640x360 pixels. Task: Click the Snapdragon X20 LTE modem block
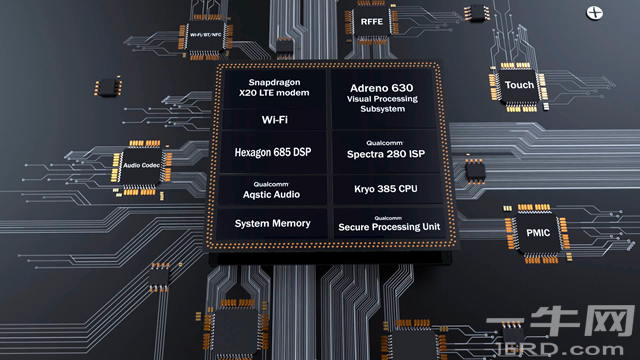point(274,88)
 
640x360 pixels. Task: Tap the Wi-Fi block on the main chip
point(274,120)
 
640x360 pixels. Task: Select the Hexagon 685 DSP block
point(273,152)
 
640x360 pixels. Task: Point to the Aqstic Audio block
point(272,190)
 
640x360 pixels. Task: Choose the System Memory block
point(272,223)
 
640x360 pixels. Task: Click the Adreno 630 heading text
point(382,88)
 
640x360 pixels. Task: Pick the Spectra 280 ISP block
point(386,151)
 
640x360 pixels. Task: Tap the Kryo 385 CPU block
point(387,189)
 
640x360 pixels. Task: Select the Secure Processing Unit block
point(389,224)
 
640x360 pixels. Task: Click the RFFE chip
point(371,22)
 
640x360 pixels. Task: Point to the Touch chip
point(519,85)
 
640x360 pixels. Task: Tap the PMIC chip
point(538,233)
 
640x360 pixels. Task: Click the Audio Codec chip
point(141,165)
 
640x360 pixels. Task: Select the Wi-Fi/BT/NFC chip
point(205,36)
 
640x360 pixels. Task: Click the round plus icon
point(594,13)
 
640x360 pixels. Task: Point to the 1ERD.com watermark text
point(560,349)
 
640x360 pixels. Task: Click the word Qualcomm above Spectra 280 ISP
point(384,143)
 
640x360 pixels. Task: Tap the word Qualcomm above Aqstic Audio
point(271,184)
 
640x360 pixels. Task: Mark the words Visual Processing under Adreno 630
point(382,99)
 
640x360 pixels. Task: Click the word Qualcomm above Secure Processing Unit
point(388,218)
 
